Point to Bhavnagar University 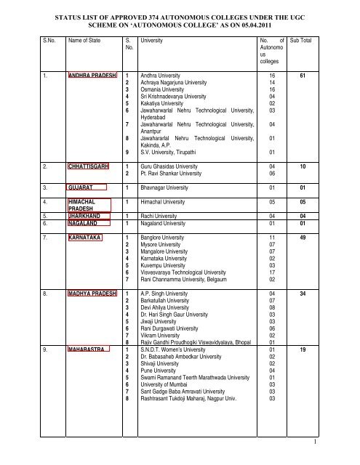168,187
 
